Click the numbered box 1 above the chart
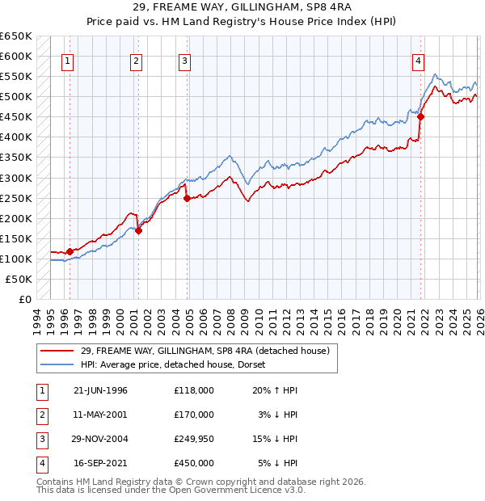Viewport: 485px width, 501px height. (x=67, y=61)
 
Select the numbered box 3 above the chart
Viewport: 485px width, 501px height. (x=185, y=61)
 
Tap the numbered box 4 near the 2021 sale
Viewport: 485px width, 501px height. (x=419, y=61)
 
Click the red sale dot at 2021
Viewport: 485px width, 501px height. (x=421, y=116)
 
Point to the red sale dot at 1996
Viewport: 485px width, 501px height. (x=70, y=251)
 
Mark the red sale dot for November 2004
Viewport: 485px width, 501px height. (x=187, y=198)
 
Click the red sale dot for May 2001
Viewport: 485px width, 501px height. (x=138, y=230)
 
